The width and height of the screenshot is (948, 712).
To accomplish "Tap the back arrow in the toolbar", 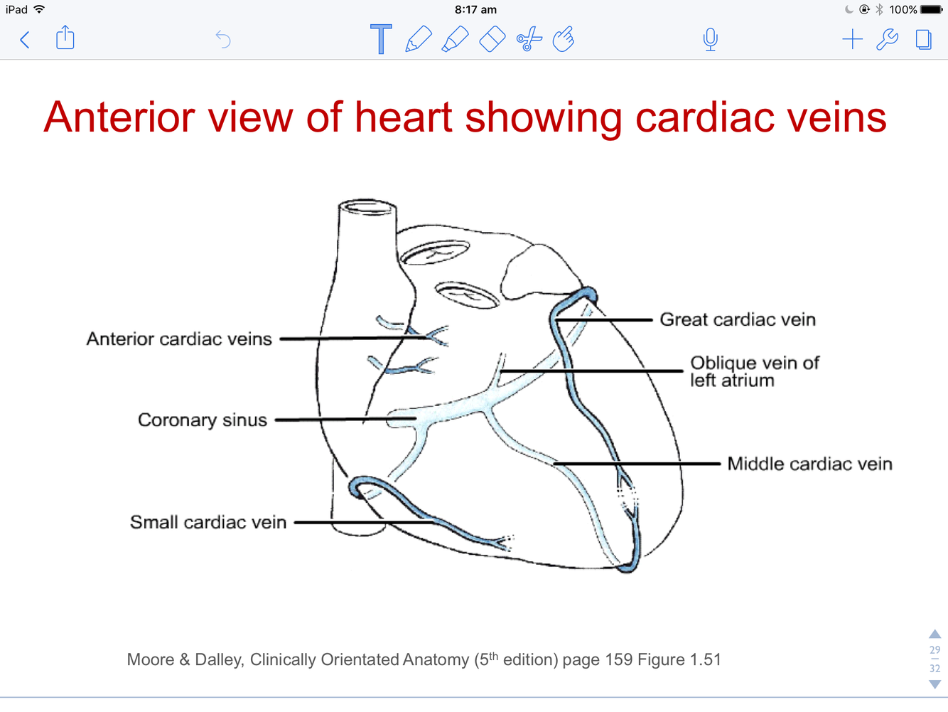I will pyautogui.click(x=25, y=40).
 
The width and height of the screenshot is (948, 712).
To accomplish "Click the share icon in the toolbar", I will pyautogui.click(x=65, y=38).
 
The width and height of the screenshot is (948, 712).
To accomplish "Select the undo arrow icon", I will pyautogui.click(x=223, y=39).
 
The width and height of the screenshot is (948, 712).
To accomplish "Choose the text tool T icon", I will pyautogui.click(x=381, y=39).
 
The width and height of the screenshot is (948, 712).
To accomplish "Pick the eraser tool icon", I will pyautogui.click(x=492, y=39).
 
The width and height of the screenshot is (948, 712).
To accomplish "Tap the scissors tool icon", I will pyautogui.click(x=529, y=39).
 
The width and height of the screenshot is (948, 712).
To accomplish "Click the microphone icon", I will pyautogui.click(x=710, y=39).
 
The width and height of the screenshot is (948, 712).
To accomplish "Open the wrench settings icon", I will pyautogui.click(x=887, y=39).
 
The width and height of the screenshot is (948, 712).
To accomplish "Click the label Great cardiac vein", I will pyautogui.click(x=738, y=320).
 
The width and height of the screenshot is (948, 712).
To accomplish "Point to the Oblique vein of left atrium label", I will pyautogui.click(x=754, y=371).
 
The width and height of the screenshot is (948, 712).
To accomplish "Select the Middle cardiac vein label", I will pyautogui.click(x=809, y=464).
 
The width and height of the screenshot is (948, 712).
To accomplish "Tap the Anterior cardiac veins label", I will pyautogui.click(x=179, y=339).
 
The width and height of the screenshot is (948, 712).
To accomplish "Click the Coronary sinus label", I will pyautogui.click(x=203, y=420).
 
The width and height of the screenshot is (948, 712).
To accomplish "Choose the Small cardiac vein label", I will pyautogui.click(x=208, y=523).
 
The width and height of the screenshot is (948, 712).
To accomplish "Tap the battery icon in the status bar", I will pyautogui.click(x=931, y=10).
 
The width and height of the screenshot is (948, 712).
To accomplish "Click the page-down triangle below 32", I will pyautogui.click(x=935, y=684).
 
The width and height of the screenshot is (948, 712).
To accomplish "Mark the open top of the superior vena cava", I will pyautogui.click(x=367, y=207).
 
